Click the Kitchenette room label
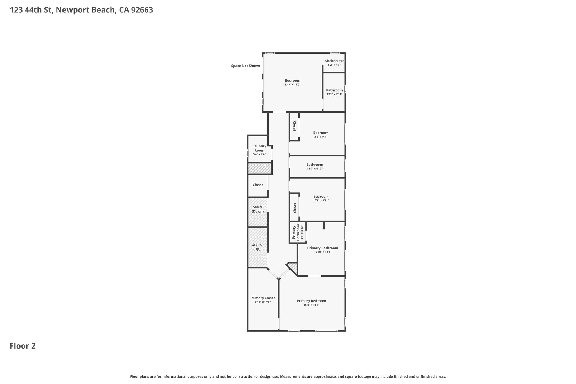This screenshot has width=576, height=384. (334, 61)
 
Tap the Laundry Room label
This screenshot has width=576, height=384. (259, 148)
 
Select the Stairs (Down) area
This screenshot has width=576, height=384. (258, 212)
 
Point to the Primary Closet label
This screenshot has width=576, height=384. (263, 298)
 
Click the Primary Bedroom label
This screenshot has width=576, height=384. (311, 301)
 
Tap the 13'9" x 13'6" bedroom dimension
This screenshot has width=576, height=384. (292, 84)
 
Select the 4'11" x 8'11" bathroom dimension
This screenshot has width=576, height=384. (334, 94)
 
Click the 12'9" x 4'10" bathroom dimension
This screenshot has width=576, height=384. (315, 169)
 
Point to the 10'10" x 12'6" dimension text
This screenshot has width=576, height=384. (323, 252)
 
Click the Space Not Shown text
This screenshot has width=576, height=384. (246, 66)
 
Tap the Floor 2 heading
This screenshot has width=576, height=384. (22, 346)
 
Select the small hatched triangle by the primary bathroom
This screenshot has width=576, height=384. (293, 268)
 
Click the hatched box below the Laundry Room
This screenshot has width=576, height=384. (260, 169)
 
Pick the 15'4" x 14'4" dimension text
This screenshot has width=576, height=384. (311, 305)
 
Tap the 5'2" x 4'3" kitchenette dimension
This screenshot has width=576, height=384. (334, 65)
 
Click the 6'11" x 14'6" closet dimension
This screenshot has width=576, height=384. (263, 302)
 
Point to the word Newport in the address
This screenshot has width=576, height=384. (71, 10)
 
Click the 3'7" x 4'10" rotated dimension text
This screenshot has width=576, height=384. (302, 232)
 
